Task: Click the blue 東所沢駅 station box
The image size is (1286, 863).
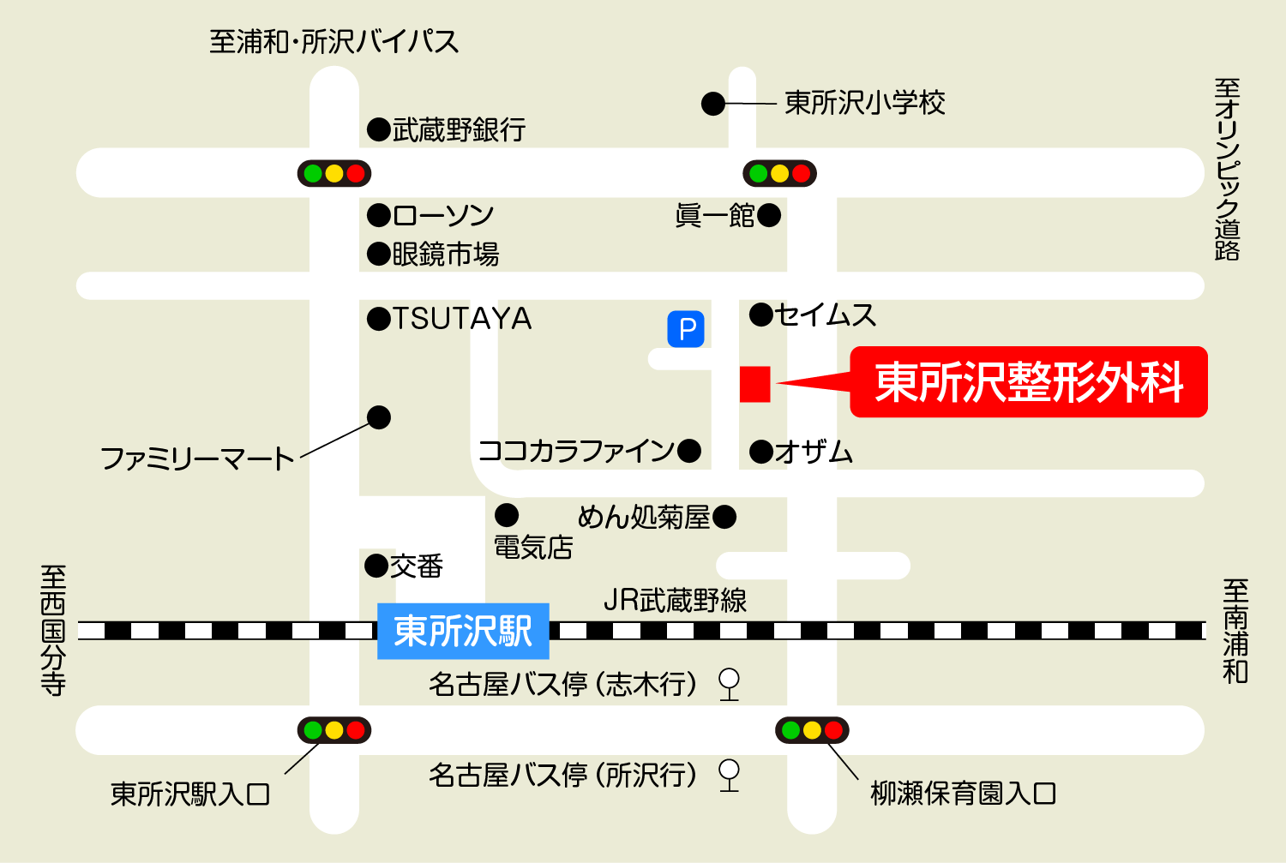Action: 463,631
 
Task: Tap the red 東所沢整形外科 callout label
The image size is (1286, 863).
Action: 1029,382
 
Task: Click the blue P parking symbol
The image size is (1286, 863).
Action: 686,329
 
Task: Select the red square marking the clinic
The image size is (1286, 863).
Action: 755,384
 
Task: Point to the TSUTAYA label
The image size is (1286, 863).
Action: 462,319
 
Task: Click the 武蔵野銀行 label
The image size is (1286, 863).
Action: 459,130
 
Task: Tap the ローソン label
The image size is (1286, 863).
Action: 443,215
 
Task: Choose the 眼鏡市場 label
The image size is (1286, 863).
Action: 445,255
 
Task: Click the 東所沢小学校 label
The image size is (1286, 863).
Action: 865,104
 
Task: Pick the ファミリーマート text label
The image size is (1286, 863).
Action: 197,459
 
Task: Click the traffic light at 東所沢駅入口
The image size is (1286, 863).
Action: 334,730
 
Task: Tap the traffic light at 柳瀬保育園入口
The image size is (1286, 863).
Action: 812,730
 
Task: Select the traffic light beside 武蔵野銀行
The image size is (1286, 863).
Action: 334,174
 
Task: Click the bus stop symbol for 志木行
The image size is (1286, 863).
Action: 729,683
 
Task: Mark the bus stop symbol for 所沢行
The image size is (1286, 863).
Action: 729,774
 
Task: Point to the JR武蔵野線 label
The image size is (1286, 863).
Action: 675,600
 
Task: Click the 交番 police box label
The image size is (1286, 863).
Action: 417,566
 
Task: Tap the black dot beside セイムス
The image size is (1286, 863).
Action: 761,315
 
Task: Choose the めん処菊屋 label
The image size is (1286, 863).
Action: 644,517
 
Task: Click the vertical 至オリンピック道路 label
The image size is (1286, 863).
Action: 1228,169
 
